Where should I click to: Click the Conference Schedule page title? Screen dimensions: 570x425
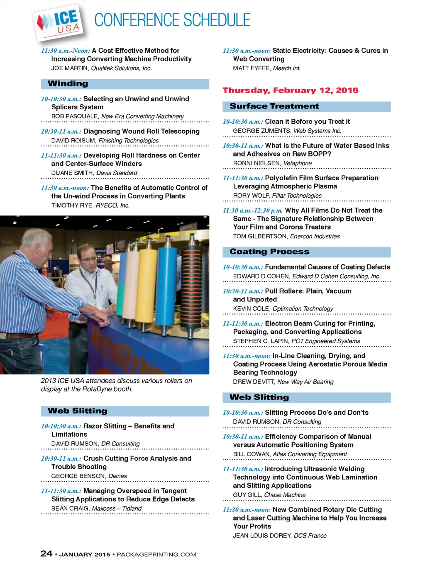click(x=172, y=20)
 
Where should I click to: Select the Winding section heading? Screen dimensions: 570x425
click(x=68, y=83)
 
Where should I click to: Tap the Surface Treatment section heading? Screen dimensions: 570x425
click(x=274, y=106)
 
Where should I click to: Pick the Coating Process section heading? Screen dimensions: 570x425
click(x=269, y=252)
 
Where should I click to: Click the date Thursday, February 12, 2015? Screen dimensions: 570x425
click(x=291, y=91)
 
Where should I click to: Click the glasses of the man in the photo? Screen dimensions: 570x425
click(x=88, y=259)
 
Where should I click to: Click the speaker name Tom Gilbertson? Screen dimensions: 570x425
click(x=260, y=237)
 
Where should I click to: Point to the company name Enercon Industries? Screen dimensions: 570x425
click(x=315, y=237)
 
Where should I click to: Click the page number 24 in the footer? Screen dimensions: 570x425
click(x=46, y=554)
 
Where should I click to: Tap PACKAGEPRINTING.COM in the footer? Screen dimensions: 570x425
click(x=156, y=555)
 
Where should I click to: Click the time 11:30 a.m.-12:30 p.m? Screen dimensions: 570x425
click(x=252, y=211)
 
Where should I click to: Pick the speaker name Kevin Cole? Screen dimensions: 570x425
click(x=251, y=309)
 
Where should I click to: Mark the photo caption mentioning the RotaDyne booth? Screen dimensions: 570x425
click(x=116, y=385)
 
